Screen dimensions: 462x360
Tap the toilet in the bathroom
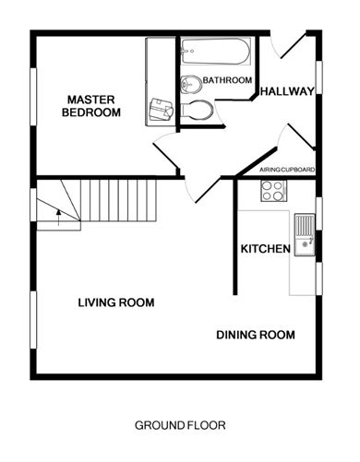198,111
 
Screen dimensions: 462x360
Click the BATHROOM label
227,81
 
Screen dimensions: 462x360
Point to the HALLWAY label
288,91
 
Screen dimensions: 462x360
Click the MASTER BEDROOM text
90,106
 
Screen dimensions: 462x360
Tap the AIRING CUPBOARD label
287,171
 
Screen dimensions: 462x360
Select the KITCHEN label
266,249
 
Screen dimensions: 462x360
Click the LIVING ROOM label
115,302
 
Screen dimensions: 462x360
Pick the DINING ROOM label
256,335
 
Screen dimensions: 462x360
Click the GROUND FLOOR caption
180,425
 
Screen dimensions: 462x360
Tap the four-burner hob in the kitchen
272,191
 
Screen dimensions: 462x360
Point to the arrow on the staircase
57,218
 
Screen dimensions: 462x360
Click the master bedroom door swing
167,150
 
